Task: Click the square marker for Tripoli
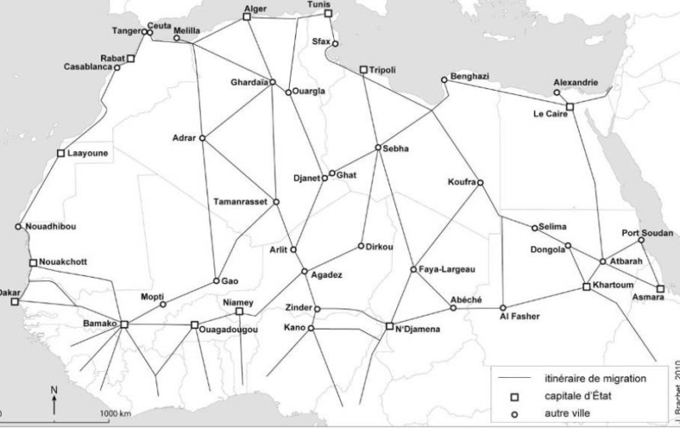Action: pos(363,70)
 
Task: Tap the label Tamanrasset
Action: pos(242,202)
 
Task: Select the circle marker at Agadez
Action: pos(304,272)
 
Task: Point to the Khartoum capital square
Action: pos(586,287)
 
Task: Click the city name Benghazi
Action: pos(470,76)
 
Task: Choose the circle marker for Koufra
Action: pos(480,183)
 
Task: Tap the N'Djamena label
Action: pos(417,331)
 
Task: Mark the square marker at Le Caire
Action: pos(569,106)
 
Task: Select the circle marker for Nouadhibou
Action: pos(19,227)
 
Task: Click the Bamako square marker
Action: pos(124,324)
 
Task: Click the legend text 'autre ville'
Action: pos(569,414)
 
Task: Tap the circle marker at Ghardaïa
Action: pos(273,82)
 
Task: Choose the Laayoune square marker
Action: pos(60,154)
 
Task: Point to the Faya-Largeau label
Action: pos(447,270)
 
